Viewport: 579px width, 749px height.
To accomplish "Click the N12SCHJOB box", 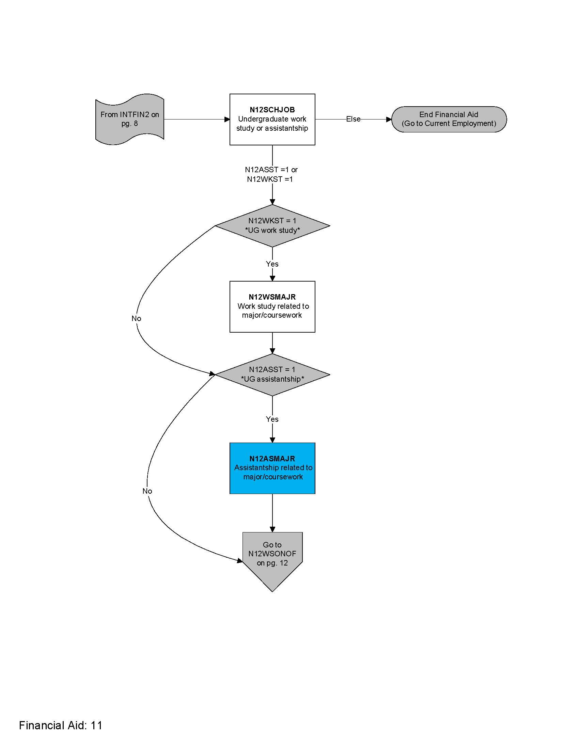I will (x=272, y=119).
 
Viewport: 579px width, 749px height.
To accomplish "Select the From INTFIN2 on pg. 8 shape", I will (x=130, y=119).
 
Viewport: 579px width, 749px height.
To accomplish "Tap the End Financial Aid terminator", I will (x=449, y=119).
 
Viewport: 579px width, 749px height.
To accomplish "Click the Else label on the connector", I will (x=353, y=119).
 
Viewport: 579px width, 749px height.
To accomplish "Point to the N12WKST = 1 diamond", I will (x=272, y=226).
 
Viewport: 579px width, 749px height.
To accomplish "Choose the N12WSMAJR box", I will (x=272, y=307).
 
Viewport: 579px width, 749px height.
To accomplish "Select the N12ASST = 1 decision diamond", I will (x=272, y=374).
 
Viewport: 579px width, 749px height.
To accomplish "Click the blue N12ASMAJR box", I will (x=272, y=468).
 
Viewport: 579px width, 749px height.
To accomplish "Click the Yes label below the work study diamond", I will (x=272, y=264).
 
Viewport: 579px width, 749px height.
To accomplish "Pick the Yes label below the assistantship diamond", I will (x=272, y=419).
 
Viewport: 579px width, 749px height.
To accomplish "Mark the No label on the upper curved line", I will (x=136, y=319).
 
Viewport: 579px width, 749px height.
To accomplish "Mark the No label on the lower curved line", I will (x=147, y=491).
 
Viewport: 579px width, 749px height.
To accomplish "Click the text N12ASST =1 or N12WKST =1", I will (x=271, y=174).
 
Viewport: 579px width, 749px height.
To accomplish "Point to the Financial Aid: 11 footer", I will (x=61, y=725).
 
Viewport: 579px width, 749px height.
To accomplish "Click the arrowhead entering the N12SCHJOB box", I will (x=227, y=119).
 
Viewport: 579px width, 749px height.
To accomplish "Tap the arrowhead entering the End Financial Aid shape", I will (x=389, y=119).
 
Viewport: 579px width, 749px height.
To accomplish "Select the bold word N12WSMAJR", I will (x=272, y=297).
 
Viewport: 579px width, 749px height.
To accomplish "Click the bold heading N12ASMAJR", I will (x=272, y=459).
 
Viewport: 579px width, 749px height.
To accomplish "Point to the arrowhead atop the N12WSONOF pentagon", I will (x=272, y=529).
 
